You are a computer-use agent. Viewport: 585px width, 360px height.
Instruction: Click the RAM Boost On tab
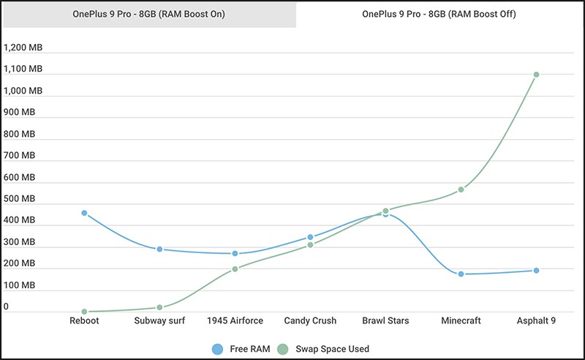tap(149, 14)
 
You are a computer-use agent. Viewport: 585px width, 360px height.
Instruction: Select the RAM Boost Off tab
tap(439, 14)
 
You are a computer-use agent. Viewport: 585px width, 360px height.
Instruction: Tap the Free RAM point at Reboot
tap(84, 213)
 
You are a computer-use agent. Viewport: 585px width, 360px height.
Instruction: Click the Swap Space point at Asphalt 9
tap(536, 75)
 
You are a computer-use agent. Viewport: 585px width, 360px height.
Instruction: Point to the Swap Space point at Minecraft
tap(461, 190)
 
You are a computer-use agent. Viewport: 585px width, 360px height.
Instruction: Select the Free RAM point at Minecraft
tap(461, 274)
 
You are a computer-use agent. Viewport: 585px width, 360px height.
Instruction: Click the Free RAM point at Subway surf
tap(159, 249)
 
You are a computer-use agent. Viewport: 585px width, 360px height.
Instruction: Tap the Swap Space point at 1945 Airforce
tap(235, 269)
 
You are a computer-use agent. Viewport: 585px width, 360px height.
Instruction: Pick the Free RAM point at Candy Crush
tap(310, 237)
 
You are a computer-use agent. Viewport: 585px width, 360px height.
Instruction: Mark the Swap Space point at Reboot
tap(84, 312)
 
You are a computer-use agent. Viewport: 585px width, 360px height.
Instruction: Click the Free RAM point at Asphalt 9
tap(536, 271)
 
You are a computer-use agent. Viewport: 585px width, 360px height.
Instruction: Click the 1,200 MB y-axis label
tap(23, 48)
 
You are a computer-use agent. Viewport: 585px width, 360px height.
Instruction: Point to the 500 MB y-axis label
tap(19, 198)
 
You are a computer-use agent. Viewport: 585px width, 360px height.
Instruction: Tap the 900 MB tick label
tap(19, 112)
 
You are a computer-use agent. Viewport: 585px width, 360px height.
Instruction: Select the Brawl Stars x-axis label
tap(385, 320)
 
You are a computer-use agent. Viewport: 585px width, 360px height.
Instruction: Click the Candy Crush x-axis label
tap(310, 320)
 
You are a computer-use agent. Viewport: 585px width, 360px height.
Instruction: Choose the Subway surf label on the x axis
tap(159, 320)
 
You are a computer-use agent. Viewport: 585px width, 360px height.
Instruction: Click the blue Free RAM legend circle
tap(217, 349)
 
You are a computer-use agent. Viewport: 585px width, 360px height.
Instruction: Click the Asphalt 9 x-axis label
tap(536, 320)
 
